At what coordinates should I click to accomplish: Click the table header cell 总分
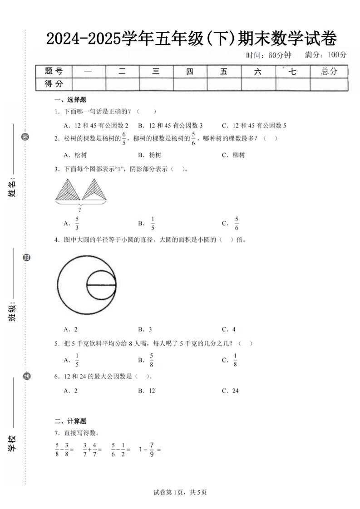point(329,71)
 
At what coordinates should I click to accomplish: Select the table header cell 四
point(190,71)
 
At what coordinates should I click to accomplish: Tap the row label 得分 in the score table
point(54,84)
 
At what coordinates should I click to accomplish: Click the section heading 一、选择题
point(70,100)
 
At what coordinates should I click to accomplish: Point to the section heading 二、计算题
point(70,421)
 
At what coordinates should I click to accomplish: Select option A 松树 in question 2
point(75,155)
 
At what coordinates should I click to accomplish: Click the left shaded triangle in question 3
point(67,189)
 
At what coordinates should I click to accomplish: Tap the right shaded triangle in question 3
point(94,189)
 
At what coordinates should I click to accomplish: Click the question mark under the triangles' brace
point(80,210)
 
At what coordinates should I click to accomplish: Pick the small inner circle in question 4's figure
point(102,285)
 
